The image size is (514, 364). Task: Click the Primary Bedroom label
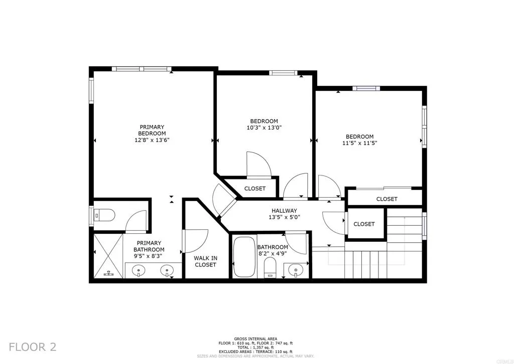(x=152, y=130)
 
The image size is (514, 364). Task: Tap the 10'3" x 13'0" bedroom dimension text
(x=264, y=128)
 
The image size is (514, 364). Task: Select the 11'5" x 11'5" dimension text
(x=359, y=143)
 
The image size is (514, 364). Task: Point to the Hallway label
(x=284, y=211)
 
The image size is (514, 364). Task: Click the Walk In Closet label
(x=205, y=261)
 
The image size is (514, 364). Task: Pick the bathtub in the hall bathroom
(x=244, y=257)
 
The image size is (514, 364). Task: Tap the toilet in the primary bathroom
(x=104, y=215)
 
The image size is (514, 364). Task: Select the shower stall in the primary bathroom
(x=108, y=256)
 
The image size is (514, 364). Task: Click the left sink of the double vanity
(x=139, y=271)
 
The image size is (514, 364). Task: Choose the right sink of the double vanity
(x=167, y=271)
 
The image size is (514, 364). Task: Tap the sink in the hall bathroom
(x=296, y=270)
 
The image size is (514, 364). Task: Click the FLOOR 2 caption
(x=33, y=347)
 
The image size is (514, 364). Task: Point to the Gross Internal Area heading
(x=255, y=339)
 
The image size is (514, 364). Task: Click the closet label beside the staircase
(x=364, y=224)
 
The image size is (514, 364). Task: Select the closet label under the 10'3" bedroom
(x=254, y=189)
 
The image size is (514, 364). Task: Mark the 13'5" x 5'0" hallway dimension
(x=284, y=217)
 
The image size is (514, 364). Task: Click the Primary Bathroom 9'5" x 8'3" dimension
(x=149, y=256)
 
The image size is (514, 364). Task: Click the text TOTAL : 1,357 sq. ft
(x=255, y=347)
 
